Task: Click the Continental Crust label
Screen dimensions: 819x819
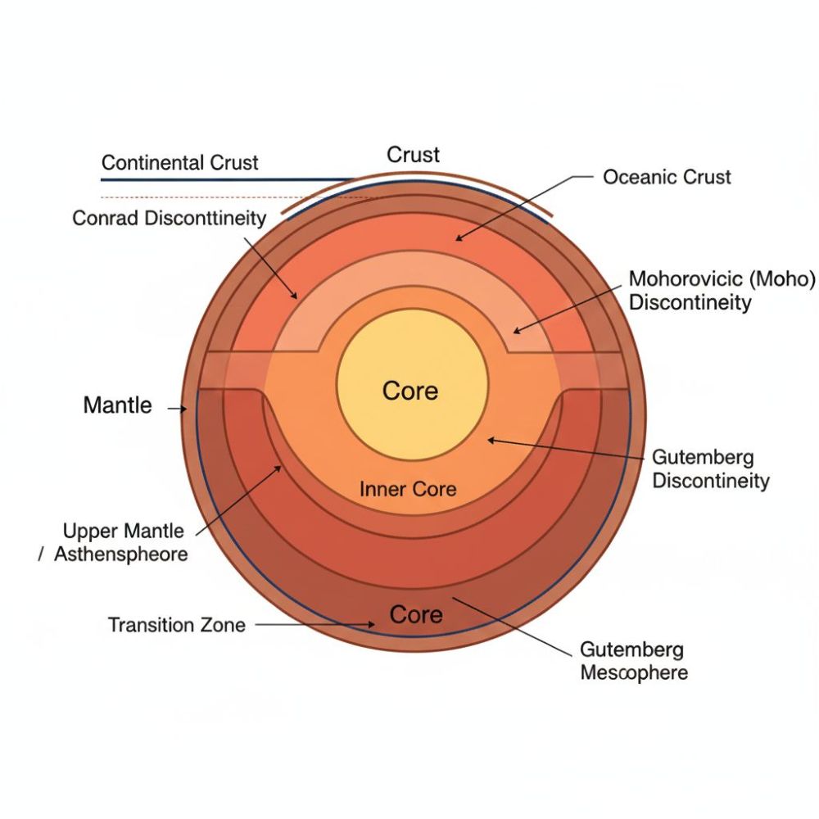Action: pos(179,162)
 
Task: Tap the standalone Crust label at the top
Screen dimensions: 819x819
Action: pos(413,155)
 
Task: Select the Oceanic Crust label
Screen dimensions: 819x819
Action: pos(667,177)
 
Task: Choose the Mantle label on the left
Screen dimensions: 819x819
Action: pos(117,405)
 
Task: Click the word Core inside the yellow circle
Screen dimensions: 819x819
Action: pos(410,391)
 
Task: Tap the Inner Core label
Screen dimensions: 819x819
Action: pos(408,490)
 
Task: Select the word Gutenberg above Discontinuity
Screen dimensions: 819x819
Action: pos(691,458)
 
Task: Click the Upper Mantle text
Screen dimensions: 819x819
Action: pos(124,532)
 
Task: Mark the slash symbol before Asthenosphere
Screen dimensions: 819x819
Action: pos(40,555)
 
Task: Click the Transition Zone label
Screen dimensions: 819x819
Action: pos(176,625)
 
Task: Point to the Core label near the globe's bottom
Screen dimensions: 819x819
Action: pos(415,615)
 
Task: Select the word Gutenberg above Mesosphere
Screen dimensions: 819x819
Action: pos(631,650)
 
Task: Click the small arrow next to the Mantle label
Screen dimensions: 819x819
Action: pos(178,407)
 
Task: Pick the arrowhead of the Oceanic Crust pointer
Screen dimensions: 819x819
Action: pos(458,238)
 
